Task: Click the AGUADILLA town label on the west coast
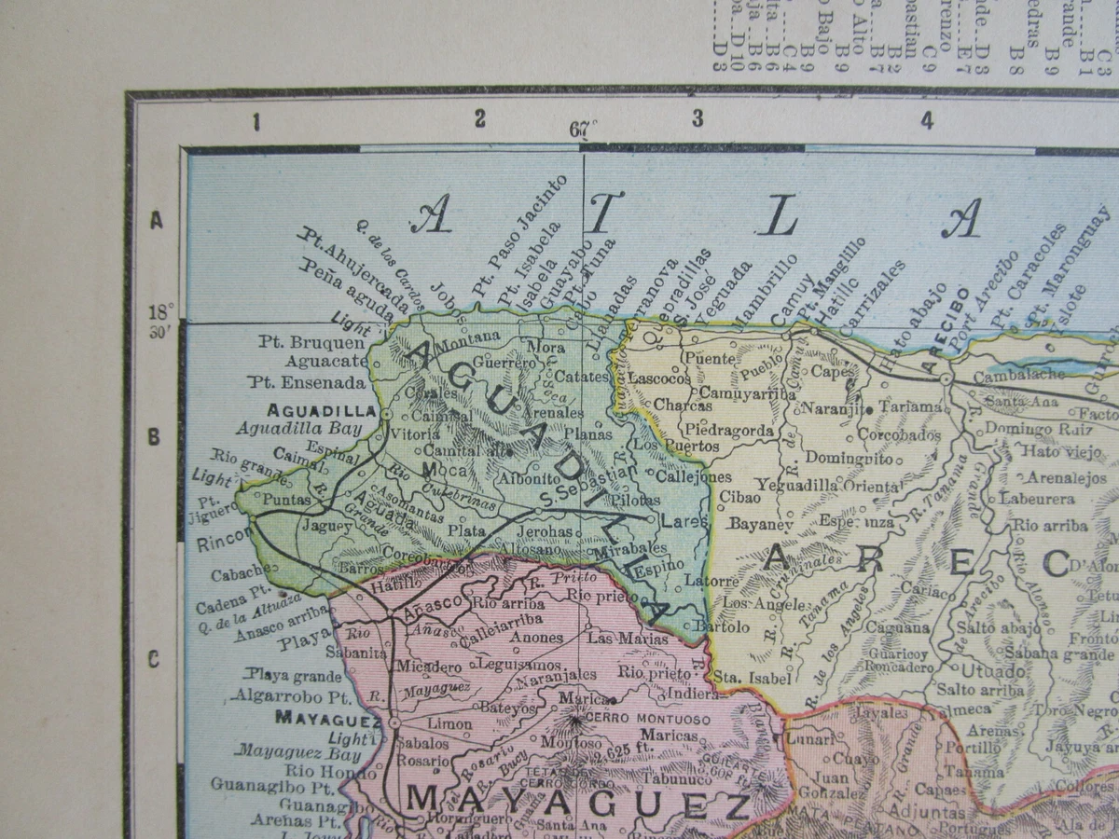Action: point(321,410)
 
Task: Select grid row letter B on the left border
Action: point(156,436)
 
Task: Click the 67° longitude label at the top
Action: point(583,130)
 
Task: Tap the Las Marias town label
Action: point(628,639)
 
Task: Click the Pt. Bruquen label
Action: point(299,342)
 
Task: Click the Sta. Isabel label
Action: point(752,678)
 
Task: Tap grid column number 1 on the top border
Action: point(256,122)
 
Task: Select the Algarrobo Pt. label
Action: point(291,695)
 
